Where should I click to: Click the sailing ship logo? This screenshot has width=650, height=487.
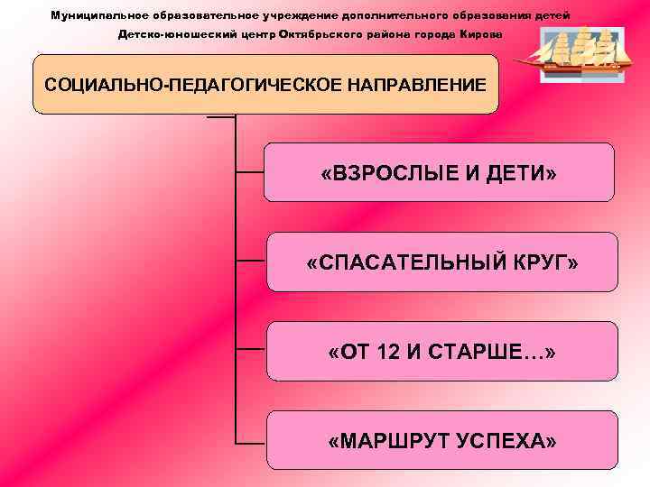pos(574,52)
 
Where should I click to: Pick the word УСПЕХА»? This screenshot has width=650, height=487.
pos(506,441)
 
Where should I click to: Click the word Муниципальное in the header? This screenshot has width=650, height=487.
pos(91,16)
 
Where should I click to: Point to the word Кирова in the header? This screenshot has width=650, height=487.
pos(483,34)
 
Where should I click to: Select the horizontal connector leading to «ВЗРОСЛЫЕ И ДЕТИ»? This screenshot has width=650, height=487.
pos(250,172)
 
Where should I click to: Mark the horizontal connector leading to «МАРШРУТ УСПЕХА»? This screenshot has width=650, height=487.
pos(250,442)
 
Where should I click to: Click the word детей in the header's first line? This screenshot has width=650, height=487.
pos(552,16)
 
